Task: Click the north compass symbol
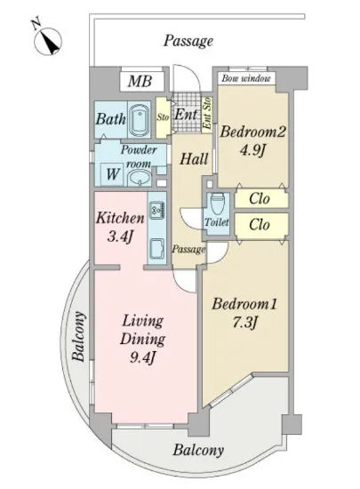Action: [x=47, y=41]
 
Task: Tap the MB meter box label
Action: [x=140, y=81]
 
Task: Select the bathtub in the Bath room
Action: [x=139, y=120]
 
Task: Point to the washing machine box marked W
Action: [x=113, y=174]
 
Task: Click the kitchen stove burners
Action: [x=156, y=210]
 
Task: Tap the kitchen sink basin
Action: [x=156, y=249]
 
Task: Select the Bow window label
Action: [x=246, y=78]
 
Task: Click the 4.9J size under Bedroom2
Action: [x=252, y=151]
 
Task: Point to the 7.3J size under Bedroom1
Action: [x=245, y=323]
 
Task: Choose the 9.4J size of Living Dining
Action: [x=142, y=358]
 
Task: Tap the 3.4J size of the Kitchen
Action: [x=120, y=237]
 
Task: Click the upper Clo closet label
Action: [x=260, y=198]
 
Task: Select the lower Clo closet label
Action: [x=260, y=224]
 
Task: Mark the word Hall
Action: [x=194, y=159]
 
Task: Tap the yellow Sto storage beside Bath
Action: [x=163, y=117]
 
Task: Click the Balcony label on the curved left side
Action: [x=78, y=336]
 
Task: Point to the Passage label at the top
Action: [x=188, y=41]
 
